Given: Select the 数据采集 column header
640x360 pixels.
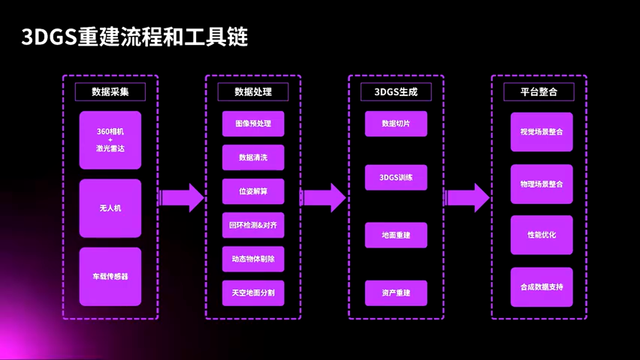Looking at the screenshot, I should pyautogui.click(x=110, y=92).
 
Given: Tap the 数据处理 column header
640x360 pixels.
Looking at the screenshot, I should pyautogui.click(x=253, y=92).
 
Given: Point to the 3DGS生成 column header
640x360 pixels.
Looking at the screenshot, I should pyautogui.click(x=396, y=92).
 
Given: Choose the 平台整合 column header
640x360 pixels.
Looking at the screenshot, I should pyautogui.click(x=538, y=92).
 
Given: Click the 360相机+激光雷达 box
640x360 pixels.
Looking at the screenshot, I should pyautogui.click(x=110, y=140).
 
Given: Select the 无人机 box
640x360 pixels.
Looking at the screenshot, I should pyautogui.click(x=110, y=208).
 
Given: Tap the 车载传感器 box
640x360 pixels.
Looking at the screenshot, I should pyautogui.click(x=110, y=276).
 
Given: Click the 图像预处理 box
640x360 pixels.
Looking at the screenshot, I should pyautogui.click(x=253, y=123).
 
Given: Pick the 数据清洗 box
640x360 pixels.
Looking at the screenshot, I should pyautogui.click(x=253, y=157).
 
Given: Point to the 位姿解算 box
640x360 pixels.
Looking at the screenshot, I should pyautogui.click(x=253, y=191).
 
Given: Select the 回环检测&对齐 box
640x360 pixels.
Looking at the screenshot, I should pyautogui.click(x=253, y=225).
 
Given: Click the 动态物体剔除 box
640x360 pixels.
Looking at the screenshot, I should pyautogui.click(x=253, y=259).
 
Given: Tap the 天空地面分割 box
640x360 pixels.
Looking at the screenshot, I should pyautogui.click(x=253, y=293).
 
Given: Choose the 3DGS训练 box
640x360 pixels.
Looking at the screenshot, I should pyautogui.click(x=396, y=177).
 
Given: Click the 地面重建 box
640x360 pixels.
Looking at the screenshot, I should pyautogui.click(x=396, y=235).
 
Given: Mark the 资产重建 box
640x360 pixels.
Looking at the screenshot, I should pyautogui.click(x=396, y=293).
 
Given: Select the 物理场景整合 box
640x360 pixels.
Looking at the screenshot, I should pyautogui.click(x=541, y=184).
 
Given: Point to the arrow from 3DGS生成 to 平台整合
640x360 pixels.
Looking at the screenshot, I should pyautogui.click(x=467, y=197).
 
